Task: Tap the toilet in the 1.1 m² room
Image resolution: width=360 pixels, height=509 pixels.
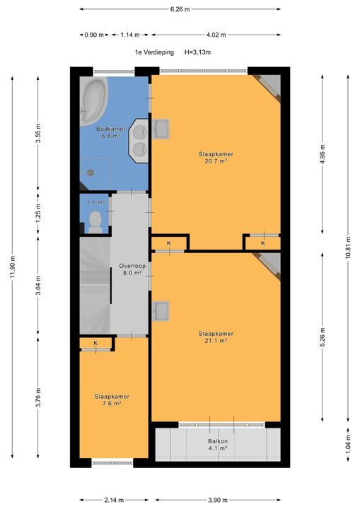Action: pos(95,223)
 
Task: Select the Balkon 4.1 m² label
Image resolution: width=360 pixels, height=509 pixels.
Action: pos(217,444)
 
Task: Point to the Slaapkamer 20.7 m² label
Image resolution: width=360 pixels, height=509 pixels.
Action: pos(216,157)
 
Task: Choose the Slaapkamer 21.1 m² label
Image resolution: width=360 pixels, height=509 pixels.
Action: pos(216,337)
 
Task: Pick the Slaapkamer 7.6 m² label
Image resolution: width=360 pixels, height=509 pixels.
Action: pos(112,400)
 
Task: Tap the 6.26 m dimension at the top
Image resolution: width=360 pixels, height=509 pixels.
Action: pos(180,9)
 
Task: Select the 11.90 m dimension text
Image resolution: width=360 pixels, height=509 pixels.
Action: pos(13,269)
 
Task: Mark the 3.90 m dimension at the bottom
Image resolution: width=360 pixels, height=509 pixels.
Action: pos(216,499)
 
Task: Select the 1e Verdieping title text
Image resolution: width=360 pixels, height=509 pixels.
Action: pos(154,52)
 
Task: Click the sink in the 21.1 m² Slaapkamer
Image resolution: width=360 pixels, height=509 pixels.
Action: pos(161,310)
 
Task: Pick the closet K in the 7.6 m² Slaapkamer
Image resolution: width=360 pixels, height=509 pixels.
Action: pos(97,344)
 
